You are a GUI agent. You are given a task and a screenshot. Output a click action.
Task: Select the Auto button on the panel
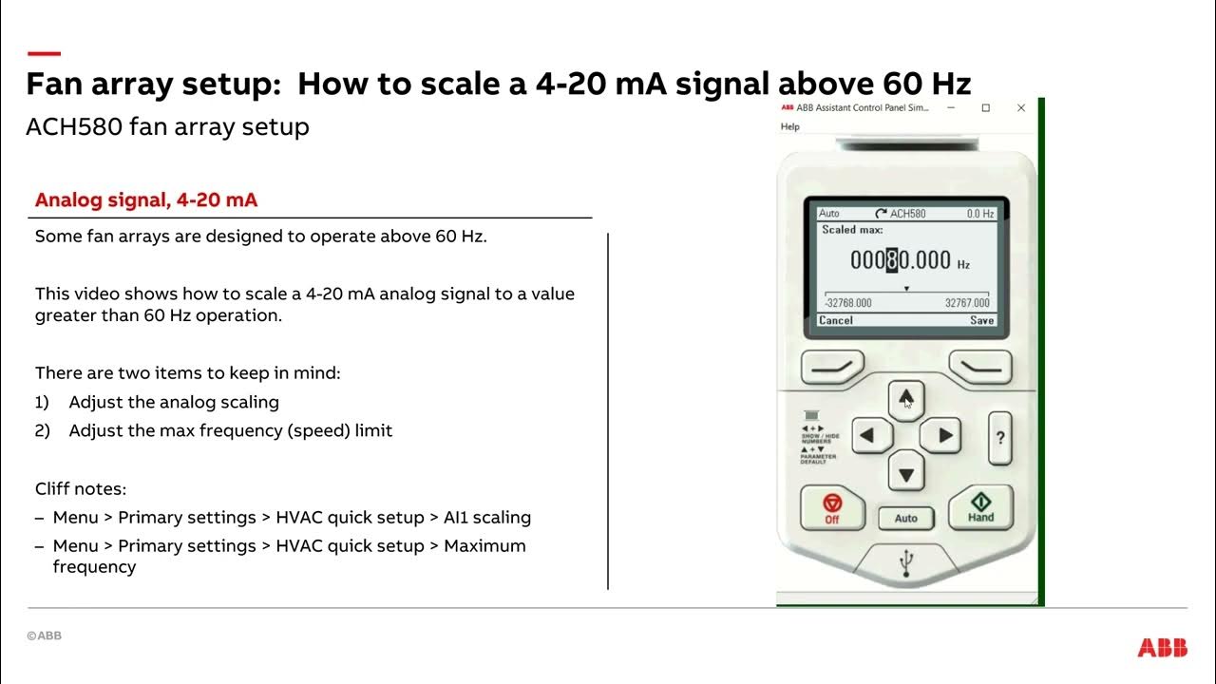905,518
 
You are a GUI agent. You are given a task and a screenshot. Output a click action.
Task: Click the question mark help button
999,438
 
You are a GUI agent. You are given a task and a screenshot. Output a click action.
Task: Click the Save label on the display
981,320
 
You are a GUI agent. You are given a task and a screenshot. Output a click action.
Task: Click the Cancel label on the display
836,320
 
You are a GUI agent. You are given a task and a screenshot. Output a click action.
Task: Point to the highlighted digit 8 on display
891,260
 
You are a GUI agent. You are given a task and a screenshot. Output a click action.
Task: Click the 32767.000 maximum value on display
966,303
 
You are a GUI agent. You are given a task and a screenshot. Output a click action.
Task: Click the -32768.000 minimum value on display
847,303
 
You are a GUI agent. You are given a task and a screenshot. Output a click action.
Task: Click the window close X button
1021,108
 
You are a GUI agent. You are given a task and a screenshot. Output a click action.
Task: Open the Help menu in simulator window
789,126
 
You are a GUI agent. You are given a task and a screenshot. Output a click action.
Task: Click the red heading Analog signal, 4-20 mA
146,200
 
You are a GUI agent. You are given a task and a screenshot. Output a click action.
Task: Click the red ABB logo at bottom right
1162,648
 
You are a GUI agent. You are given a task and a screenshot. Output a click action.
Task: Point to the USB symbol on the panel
906,564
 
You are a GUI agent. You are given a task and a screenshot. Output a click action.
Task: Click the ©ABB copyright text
44,636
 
